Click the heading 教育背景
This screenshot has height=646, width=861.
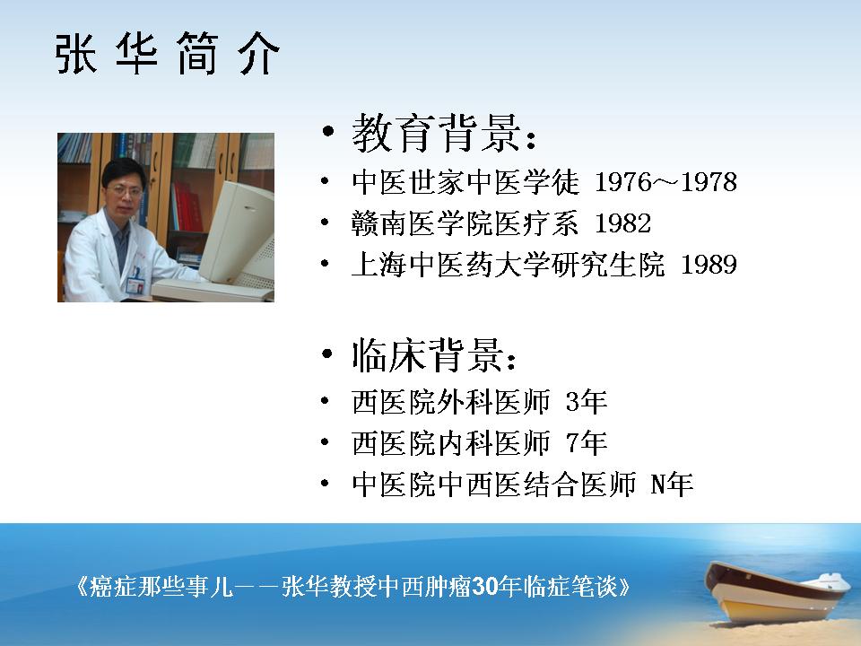pos(436,133)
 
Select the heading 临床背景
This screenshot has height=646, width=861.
pos(427,355)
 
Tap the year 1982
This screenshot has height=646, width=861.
pos(622,223)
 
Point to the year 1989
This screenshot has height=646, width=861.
pos(709,264)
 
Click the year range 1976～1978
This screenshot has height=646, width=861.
pos(665,182)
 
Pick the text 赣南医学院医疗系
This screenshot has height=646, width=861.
pos(465,223)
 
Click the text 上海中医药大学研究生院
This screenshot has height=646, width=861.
pos(508,264)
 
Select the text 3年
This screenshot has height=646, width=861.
pos(586,402)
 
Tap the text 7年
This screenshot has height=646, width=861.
pos(586,442)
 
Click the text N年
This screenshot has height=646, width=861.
pos(671,484)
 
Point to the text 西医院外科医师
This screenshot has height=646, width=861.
pos(451,402)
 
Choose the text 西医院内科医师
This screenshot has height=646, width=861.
pos(451,442)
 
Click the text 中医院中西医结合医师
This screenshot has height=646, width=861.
pos(493,484)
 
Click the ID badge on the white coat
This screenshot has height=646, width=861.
pos(135,281)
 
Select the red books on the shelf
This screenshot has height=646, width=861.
pos(187,206)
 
